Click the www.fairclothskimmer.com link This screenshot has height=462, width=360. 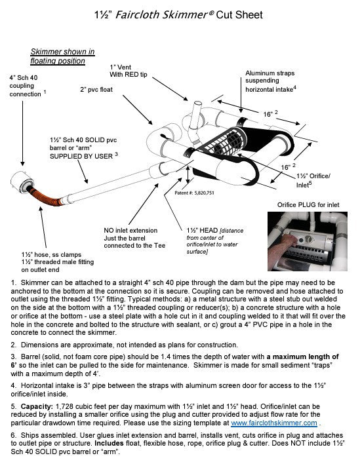(x=274, y=423)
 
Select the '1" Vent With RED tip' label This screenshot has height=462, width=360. (x=129, y=71)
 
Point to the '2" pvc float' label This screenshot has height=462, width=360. (x=96, y=90)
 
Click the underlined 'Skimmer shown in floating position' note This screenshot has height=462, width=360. (x=62, y=56)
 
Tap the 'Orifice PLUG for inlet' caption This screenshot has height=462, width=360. (x=308, y=204)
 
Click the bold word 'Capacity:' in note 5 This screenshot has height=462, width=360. (x=37, y=406)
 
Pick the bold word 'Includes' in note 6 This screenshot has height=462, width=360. (x=109, y=443)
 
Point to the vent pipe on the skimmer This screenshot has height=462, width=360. (x=195, y=114)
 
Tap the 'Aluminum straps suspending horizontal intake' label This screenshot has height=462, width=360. (x=271, y=81)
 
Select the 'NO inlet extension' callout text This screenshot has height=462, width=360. (x=130, y=231)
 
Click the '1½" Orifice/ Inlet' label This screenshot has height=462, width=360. (x=313, y=180)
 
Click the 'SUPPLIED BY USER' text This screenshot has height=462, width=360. (x=81, y=156)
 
